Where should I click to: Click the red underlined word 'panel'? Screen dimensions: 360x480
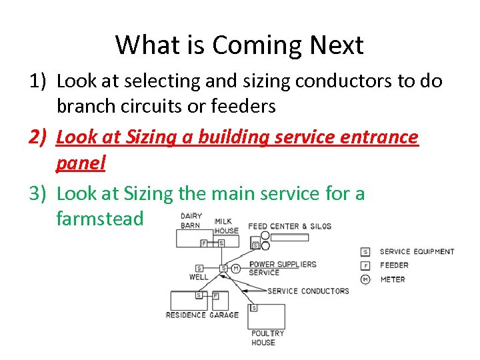(x=81, y=163)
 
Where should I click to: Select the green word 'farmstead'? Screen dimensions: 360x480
(x=100, y=219)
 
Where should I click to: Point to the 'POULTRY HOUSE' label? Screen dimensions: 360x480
(x=267, y=337)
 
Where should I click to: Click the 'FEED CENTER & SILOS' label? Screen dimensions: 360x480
(x=289, y=227)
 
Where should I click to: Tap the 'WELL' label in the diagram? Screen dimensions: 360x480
(x=198, y=276)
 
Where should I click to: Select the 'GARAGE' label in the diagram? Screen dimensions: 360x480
(x=224, y=315)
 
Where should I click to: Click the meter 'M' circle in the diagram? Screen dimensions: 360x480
(x=235, y=268)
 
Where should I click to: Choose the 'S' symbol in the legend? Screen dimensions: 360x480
(x=365, y=251)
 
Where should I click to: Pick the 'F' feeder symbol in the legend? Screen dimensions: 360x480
(x=365, y=265)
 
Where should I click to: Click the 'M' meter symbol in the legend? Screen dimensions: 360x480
(x=365, y=279)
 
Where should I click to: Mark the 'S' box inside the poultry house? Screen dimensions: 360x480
(x=254, y=308)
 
